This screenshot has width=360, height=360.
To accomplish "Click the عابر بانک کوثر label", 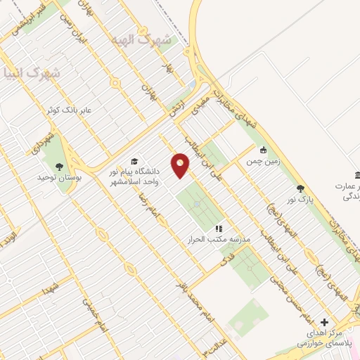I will point(68,110).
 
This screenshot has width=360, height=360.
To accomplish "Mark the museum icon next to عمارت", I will point(357,174).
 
